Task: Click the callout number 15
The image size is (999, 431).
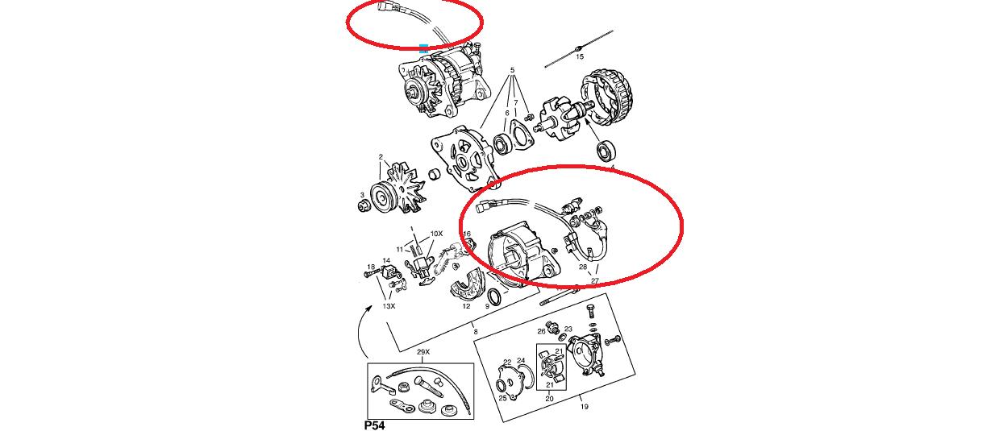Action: point(580,56)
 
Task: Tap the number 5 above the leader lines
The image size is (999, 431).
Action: point(513,70)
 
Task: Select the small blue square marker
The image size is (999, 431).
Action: point(423,48)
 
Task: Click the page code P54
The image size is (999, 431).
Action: point(374,425)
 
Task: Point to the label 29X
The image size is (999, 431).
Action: point(423,352)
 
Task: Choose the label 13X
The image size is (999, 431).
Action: point(389,306)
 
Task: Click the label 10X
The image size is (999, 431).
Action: point(436,234)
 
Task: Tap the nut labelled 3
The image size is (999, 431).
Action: point(364,206)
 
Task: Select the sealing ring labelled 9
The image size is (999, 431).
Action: point(495,296)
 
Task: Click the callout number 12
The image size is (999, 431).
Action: point(466,306)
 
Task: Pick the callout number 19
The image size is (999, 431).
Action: point(585,407)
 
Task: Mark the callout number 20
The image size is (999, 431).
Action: point(549,399)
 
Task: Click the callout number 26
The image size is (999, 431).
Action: point(541,331)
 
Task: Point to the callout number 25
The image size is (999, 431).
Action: point(502,398)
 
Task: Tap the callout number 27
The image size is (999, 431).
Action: point(595,281)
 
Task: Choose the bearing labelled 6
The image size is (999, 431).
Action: point(503,145)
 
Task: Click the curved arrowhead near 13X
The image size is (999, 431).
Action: point(369,307)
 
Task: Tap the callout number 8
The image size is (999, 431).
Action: point(476,332)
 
